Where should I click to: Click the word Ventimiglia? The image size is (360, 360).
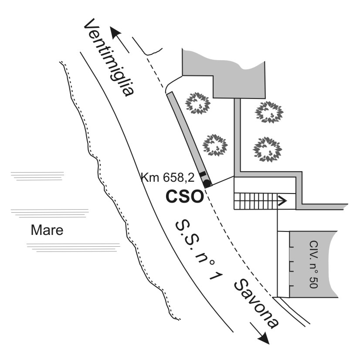[109, 58]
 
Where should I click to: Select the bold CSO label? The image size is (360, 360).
[185, 197]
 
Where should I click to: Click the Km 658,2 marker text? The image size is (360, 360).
[167, 177]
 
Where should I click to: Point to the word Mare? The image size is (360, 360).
[47, 230]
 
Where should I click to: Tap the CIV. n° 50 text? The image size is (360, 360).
[313, 264]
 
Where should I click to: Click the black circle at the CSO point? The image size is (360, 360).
[207, 183]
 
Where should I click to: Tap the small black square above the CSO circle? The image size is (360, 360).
[202, 174]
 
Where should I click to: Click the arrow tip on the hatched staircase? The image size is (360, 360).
[286, 201]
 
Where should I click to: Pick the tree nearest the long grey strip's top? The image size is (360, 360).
[198, 103]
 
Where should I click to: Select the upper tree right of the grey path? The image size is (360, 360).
[269, 112]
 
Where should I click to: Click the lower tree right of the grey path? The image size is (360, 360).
[268, 149]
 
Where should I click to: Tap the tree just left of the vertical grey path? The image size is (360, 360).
[215, 145]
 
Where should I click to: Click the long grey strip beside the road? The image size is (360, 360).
[189, 139]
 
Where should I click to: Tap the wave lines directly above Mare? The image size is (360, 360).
[49, 213]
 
